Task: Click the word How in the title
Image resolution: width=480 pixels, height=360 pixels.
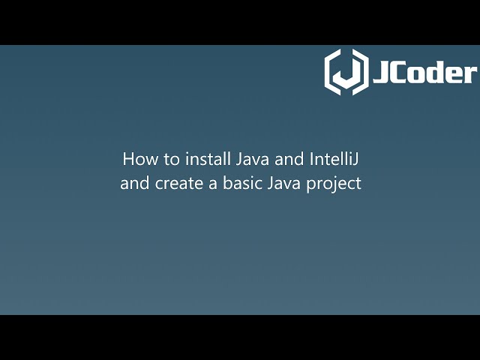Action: pyautogui.click(x=136, y=160)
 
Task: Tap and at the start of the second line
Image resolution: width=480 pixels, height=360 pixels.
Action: pyautogui.click(x=134, y=183)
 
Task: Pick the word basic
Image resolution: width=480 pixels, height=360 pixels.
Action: pyautogui.click(x=238, y=183)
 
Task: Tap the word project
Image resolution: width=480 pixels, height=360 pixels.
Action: pyautogui.click(x=334, y=184)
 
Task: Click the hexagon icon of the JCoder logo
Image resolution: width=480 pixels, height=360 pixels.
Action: pyautogui.click(x=346, y=72)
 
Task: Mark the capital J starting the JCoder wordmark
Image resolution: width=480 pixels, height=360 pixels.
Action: pyautogui.click(x=380, y=72)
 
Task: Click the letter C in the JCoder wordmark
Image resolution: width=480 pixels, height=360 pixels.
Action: pyautogui.click(x=399, y=72)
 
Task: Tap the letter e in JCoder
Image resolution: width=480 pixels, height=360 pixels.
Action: pyautogui.click(x=454, y=73)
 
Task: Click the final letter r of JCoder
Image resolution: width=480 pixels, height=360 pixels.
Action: pyautogui.click(x=470, y=73)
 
